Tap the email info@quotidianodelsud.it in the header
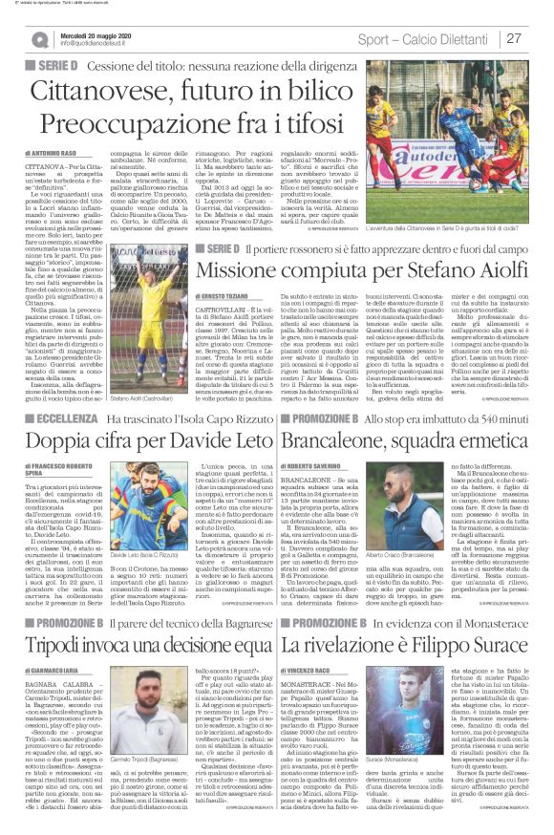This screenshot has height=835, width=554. [x=101, y=44]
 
